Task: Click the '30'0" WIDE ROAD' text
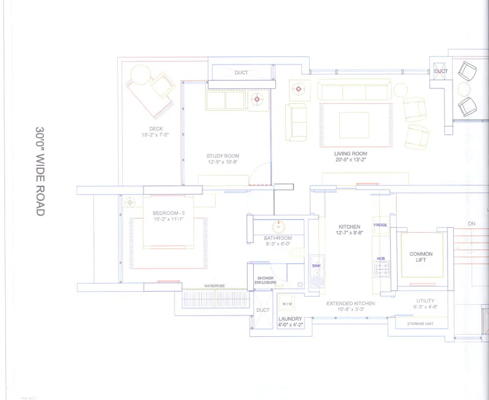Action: [39, 171]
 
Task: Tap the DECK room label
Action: [152, 128]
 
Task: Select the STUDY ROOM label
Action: [223, 156]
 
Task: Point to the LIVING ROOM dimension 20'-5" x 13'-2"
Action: [350, 160]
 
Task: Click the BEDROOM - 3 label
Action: [167, 213]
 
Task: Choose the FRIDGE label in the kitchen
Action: [380, 225]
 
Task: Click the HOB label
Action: [380, 258]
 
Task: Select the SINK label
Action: [316, 266]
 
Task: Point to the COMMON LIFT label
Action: [421, 257]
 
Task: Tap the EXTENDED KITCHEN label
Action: [350, 304]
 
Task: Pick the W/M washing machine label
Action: [287, 304]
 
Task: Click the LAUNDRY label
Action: [290, 319]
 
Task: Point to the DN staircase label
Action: [471, 223]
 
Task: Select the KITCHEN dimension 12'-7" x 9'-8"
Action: [349, 233]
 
